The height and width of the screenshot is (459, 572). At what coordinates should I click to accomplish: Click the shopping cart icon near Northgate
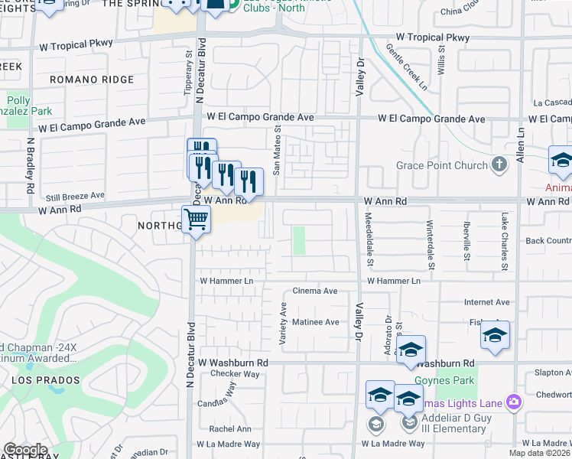coord(197,220)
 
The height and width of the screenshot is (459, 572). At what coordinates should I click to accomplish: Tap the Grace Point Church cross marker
coord(499,164)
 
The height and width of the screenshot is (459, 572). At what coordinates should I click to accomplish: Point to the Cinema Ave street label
coord(315,291)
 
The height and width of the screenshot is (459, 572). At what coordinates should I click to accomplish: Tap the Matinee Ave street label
coord(316,322)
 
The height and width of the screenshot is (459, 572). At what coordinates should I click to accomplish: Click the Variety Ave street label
coord(283,324)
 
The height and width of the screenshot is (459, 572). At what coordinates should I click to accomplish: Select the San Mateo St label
coord(278,150)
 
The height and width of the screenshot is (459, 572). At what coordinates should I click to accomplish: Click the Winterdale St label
coord(431,245)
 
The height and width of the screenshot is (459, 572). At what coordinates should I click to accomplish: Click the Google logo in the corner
coord(25,450)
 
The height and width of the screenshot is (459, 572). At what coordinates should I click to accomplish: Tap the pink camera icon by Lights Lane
coord(513,402)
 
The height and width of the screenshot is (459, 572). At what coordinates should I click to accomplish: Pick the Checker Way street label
coord(236,374)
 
